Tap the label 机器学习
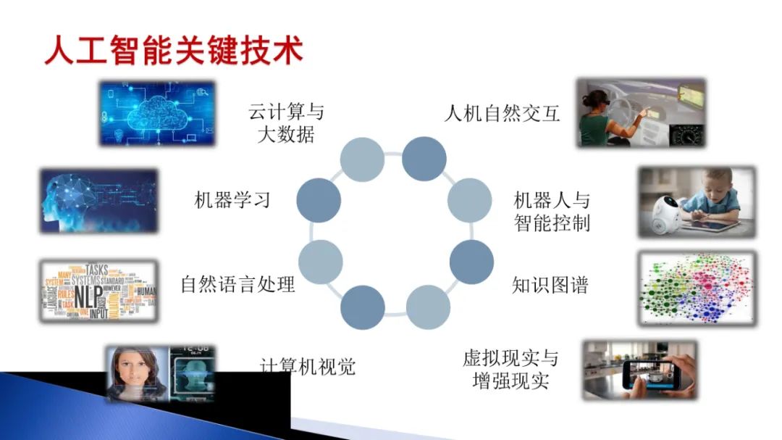(232, 200)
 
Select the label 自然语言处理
(237, 284)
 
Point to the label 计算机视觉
(308, 366)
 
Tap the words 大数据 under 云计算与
(286, 135)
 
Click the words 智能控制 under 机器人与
(552, 222)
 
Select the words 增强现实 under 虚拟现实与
(510, 381)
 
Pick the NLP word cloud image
(98, 291)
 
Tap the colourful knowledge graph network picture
(696, 288)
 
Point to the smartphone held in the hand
(651, 374)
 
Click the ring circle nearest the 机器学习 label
(319, 200)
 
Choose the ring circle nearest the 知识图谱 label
(471, 262)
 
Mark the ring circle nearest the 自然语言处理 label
(320, 262)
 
